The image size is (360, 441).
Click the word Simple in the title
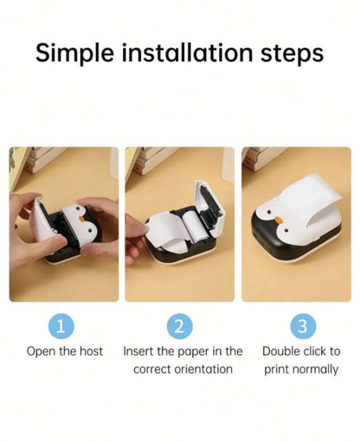76,53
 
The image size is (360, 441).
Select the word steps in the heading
286,54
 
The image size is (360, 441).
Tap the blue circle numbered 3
301,326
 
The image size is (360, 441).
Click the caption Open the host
65,351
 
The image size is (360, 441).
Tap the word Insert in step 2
138,351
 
